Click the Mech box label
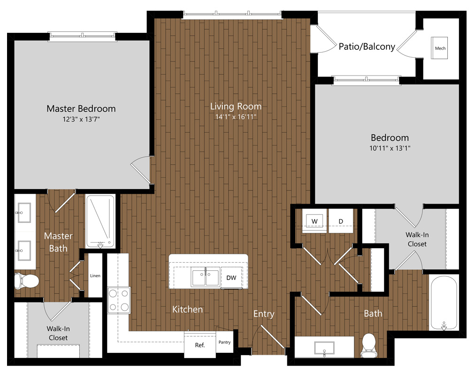click(440, 48)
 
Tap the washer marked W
click(314, 221)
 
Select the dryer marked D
click(341, 221)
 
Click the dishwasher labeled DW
click(231, 278)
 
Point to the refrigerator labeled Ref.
click(200, 345)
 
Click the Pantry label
click(224, 342)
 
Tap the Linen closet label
click(95, 275)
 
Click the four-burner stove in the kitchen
click(119, 300)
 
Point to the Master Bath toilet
click(27, 281)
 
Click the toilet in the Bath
click(368, 345)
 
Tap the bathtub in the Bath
click(444, 302)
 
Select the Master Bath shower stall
click(100, 221)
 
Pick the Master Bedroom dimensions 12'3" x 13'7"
click(81, 119)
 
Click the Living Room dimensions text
click(236, 117)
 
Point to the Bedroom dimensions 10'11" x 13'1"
click(390, 148)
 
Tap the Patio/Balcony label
click(367, 46)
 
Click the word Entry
click(264, 314)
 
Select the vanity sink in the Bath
click(324, 348)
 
